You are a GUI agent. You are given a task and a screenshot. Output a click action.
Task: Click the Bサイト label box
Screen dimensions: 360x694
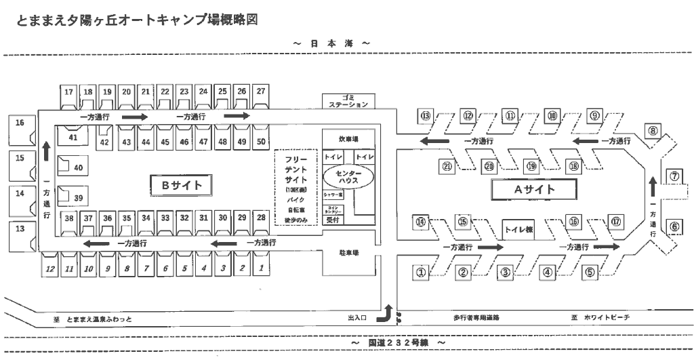pos(177,184)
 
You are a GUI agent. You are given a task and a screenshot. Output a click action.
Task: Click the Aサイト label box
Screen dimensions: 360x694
pos(534,189)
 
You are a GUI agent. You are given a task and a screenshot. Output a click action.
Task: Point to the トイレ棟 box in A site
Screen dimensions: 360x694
pos(519,229)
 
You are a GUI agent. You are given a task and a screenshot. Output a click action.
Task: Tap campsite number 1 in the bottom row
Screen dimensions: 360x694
pos(261,268)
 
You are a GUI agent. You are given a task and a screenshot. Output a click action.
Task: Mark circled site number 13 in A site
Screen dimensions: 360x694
pos(426,116)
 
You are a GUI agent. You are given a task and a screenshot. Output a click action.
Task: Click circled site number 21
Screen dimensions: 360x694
pos(447,166)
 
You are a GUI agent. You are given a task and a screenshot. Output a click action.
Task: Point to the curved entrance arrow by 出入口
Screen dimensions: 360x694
pos(388,313)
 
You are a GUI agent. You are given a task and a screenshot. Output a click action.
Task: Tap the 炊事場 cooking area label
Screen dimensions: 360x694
pos(348,139)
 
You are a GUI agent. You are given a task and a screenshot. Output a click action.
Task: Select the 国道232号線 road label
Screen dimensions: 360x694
pos(397,343)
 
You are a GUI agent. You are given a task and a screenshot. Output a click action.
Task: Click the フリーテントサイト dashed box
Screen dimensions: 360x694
pos(295,187)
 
